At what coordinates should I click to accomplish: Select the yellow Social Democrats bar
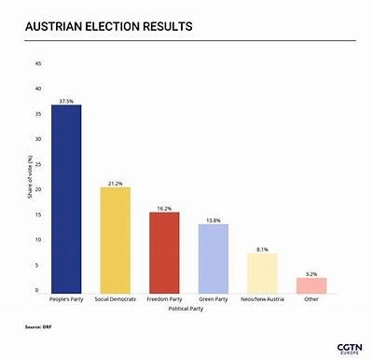(116, 240)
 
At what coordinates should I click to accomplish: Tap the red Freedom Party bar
(164, 252)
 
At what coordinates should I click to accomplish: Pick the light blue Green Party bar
(214, 258)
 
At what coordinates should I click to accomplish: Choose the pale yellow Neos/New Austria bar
(262, 272)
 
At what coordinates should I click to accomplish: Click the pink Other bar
(311, 284)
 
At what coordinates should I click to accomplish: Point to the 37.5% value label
(66, 100)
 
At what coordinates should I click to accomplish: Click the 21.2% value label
(116, 183)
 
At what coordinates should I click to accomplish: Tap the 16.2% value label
(164, 208)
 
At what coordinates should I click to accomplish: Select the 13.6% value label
(214, 220)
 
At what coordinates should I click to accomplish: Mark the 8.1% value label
(262, 249)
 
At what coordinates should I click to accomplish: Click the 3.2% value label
(311, 273)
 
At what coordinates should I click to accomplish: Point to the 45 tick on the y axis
(38, 63)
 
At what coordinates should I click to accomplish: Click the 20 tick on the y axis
(38, 189)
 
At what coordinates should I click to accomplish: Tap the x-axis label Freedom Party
(164, 299)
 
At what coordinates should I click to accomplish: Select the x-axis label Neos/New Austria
(262, 299)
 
